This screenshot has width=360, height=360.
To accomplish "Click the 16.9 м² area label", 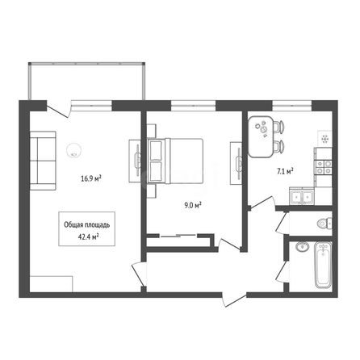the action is tap(91, 178).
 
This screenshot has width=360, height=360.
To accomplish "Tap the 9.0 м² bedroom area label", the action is tap(193, 206).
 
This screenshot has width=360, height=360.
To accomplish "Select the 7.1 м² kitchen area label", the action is tap(285, 170).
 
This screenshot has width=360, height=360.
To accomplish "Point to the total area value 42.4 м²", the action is tap(87, 237).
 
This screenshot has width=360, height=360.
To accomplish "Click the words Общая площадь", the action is tap(87, 225).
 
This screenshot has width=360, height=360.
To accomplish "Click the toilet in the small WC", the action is tap(324, 223).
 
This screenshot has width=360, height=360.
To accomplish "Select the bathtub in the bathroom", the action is tap(323, 265).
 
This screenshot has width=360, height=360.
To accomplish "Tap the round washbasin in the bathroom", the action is tap(302, 247).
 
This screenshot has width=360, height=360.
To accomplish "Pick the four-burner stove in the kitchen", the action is tap(324, 167).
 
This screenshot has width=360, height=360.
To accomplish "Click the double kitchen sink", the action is tap(302, 197).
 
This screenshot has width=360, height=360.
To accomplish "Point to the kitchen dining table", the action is tap(261, 136).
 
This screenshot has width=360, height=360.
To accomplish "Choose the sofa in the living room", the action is tap(43, 161).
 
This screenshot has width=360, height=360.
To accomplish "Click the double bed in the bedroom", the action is tap(175, 161).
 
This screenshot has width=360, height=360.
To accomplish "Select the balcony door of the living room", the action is tap(58, 110).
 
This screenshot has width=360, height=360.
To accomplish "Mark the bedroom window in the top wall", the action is tap(194, 106).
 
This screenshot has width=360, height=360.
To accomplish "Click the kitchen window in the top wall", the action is tap(292, 106).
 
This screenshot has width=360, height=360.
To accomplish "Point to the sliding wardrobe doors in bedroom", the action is tap(178, 236).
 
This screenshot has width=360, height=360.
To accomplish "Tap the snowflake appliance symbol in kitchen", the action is tap(324, 139).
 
